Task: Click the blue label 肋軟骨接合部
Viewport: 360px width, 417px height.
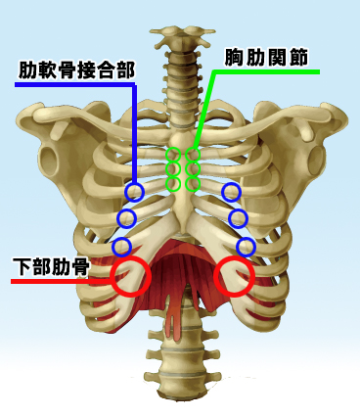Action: pyautogui.click(x=76, y=70)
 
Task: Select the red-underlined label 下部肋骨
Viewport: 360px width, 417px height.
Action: pyautogui.click(x=50, y=266)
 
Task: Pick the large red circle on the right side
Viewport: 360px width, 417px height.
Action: pyautogui.click(x=235, y=276)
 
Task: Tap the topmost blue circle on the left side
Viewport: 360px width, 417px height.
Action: pyautogui.click(x=134, y=193)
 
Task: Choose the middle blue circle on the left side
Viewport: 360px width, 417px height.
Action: pyautogui.click(x=126, y=217)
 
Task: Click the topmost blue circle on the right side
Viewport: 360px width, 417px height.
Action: pyautogui.click(x=231, y=193)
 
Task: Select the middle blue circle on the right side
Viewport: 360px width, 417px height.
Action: pyautogui.click(x=238, y=217)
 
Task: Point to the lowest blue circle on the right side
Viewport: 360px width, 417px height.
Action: pyautogui.click(x=246, y=246)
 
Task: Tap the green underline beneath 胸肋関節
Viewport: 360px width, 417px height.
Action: pyautogui.click(x=264, y=72)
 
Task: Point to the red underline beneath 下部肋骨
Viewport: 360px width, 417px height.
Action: pyautogui.click(x=49, y=281)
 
